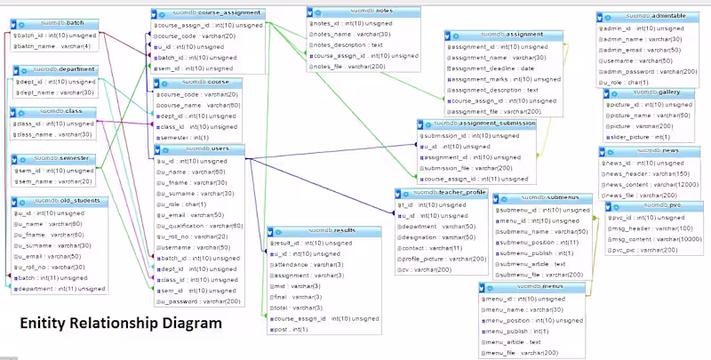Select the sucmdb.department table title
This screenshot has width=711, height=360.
(x=58, y=68)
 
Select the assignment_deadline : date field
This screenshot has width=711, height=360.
(x=493, y=68)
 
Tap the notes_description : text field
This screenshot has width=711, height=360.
(x=348, y=44)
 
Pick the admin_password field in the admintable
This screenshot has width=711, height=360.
(x=646, y=71)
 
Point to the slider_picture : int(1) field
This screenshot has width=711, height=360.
(x=639, y=137)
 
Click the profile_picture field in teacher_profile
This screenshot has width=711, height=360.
(x=443, y=259)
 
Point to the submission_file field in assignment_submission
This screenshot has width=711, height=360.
(x=468, y=168)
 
